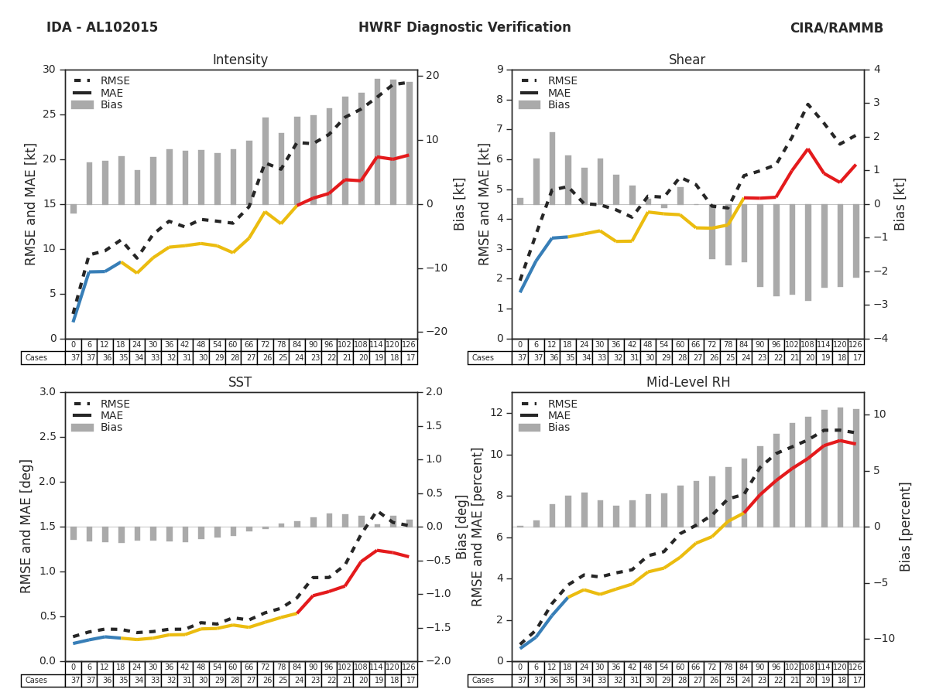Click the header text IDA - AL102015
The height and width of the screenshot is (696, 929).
click(x=101, y=28)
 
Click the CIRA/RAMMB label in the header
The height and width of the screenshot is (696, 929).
click(x=836, y=28)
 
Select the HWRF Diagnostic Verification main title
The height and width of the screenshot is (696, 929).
click(x=464, y=28)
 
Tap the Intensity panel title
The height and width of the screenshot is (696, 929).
click(x=240, y=60)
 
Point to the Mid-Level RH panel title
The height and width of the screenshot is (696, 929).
click(x=687, y=383)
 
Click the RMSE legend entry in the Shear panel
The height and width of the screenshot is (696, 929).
click(x=561, y=81)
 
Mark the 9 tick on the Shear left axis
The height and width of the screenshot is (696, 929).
click(x=500, y=70)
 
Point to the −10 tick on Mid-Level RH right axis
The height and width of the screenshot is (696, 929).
click(x=880, y=639)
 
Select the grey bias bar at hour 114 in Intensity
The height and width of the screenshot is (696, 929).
click(x=378, y=142)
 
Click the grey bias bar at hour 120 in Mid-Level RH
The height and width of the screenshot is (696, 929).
click(x=840, y=467)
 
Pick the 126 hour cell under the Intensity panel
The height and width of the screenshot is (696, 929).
click(x=409, y=345)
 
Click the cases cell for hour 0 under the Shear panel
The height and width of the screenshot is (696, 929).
click(x=519, y=358)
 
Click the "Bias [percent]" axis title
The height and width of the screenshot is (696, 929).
click(x=905, y=527)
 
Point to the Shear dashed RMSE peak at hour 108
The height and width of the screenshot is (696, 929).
click(x=808, y=104)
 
